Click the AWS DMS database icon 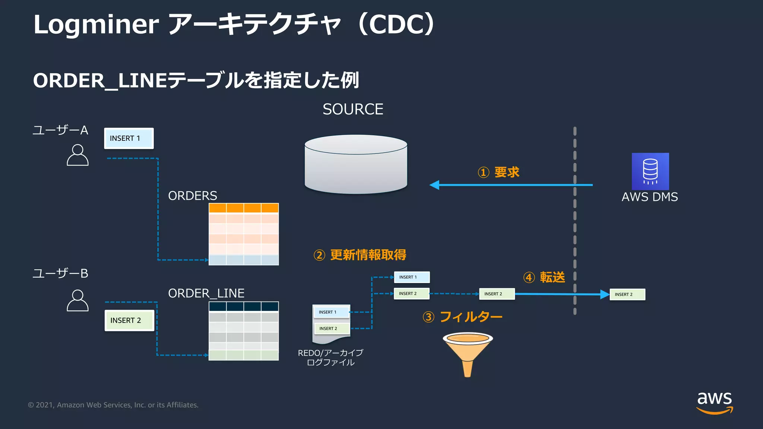pyautogui.click(x=650, y=171)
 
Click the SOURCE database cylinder pyautogui.click(x=356, y=165)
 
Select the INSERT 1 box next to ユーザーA pyautogui.click(x=129, y=139)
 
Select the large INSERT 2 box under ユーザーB pyautogui.click(x=129, y=320)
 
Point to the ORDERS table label pyautogui.click(x=192, y=196)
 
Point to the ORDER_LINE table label pyautogui.click(x=206, y=293)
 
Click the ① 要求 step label pyautogui.click(x=498, y=172)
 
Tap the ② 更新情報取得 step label pyautogui.click(x=360, y=255)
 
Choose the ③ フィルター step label pyautogui.click(x=462, y=317)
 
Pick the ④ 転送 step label pyautogui.click(x=544, y=277)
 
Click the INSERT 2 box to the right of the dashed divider pyautogui.click(x=627, y=295)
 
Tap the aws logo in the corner pyautogui.click(x=714, y=402)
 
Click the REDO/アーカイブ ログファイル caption pyautogui.click(x=330, y=357)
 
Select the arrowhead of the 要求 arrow pyautogui.click(x=434, y=185)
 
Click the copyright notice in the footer pyautogui.click(x=113, y=405)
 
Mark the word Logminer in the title pyautogui.click(x=96, y=25)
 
